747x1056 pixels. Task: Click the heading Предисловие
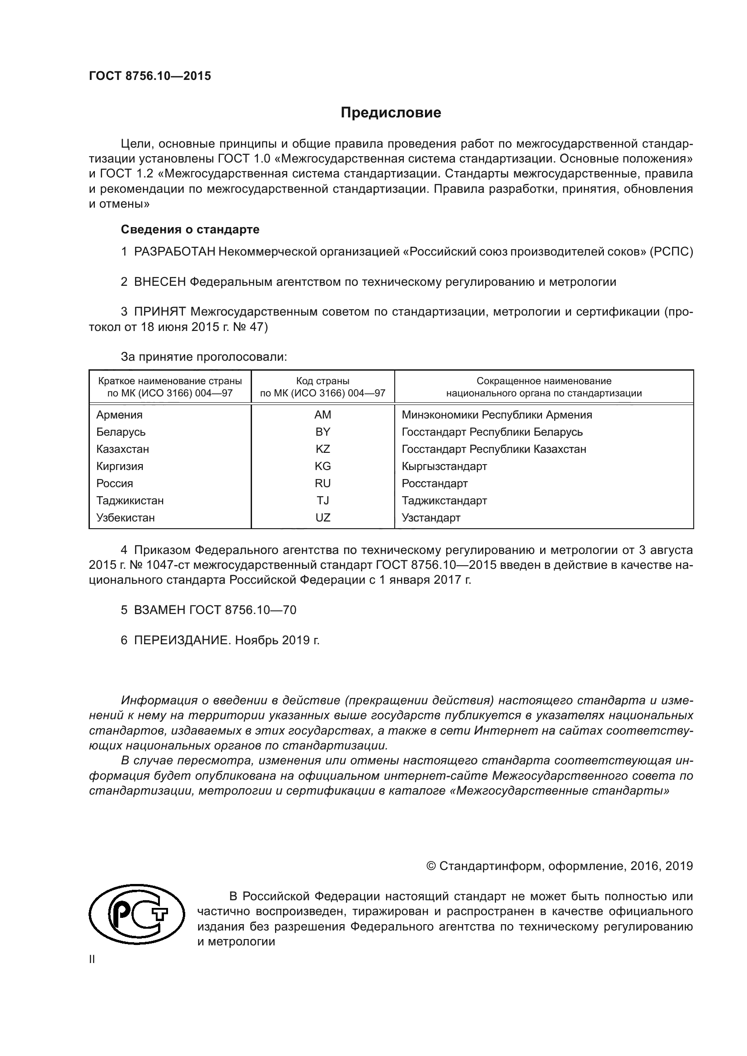coord(391,113)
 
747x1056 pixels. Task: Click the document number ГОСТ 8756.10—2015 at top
coord(150,76)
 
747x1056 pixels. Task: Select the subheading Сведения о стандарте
coord(190,229)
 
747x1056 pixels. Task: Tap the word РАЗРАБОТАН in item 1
coord(174,251)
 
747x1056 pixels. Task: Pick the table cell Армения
coord(119,415)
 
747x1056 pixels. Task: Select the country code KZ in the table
coord(322,449)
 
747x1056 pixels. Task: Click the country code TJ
coord(322,500)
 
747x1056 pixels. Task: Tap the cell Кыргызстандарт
coord(444,466)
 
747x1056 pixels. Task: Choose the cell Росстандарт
coord(434,484)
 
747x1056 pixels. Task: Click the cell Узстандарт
coord(430,518)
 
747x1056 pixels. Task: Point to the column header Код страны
coord(322,381)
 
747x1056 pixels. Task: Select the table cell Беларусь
coord(121,432)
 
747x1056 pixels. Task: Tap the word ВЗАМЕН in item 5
coord(159,610)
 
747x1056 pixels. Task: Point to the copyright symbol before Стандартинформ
coord(431,866)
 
